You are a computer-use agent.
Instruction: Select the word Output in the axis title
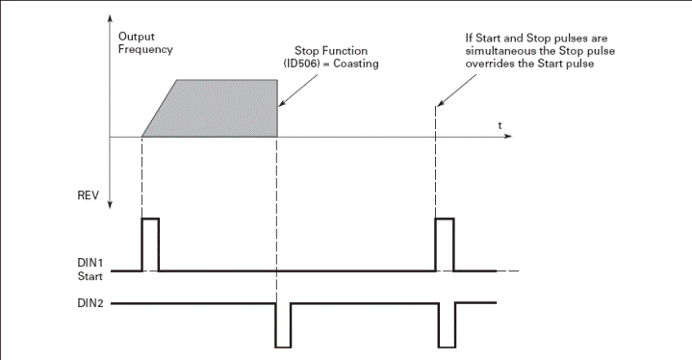(x=137, y=37)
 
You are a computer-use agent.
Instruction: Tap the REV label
(x=89, y=195)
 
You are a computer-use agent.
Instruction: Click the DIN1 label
(x=90, y=263)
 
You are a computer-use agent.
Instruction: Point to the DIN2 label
(x=90, y=303)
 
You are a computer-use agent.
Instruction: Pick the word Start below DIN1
(x=90, y=276)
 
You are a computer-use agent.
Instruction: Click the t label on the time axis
(x=500, y=126)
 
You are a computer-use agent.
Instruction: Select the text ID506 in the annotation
(x=301, y=64)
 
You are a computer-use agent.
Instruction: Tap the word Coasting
(x=356, y=64)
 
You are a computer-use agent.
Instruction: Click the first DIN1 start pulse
(x=150, y=219)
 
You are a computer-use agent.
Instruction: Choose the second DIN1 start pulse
(x=445, y=219)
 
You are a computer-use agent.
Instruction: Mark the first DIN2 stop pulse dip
(x=283, y=347)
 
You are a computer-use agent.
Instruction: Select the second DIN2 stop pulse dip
(x=448, y=347)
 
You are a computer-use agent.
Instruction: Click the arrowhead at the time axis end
(x=508, y=136)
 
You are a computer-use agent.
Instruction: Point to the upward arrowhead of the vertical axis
(x=110, y=18)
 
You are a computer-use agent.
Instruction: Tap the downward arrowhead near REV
(x=110, y=204)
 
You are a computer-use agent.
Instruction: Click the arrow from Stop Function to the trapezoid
(x=298, y=90)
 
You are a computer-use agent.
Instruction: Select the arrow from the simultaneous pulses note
(x=457, y=90)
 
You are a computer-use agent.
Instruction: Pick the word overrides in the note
(x=490, y=64)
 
